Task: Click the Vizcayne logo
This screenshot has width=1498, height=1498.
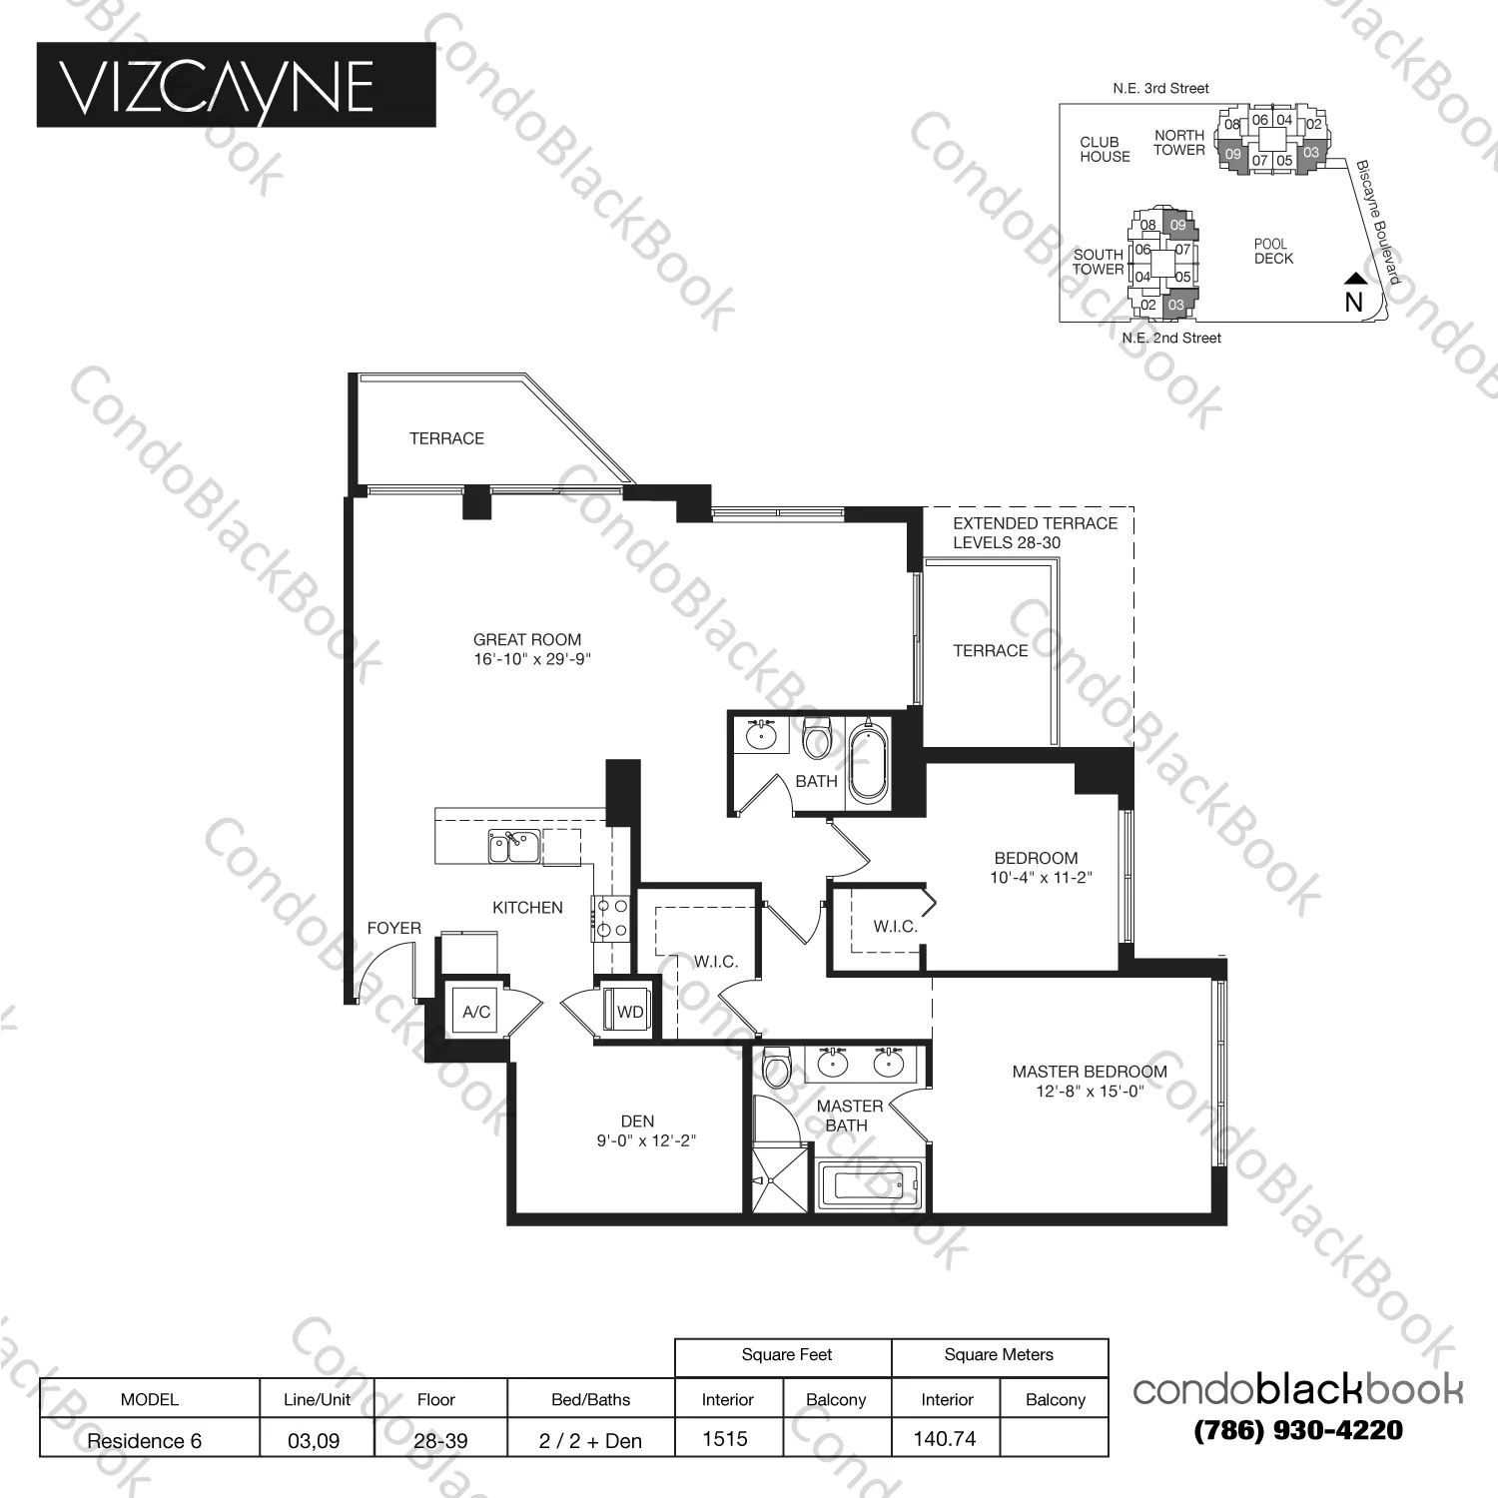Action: pos(236,85)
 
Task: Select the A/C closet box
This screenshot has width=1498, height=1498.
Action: pos(476,1012)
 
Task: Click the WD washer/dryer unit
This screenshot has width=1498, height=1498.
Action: pos(628,1011)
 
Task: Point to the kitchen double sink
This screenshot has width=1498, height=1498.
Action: pos(513,847)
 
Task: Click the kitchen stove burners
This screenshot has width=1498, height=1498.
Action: pos(610,919)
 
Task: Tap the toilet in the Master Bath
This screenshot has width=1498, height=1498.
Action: pos(776,1070)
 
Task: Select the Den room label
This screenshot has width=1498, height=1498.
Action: pos(637,1122)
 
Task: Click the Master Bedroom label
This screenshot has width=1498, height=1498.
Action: pos(1089,1072)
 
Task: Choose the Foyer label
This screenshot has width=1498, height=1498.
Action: pos(393,928)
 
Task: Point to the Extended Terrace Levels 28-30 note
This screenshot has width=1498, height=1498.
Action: pos(1035,533)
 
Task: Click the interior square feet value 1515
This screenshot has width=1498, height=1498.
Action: pos(725,1439)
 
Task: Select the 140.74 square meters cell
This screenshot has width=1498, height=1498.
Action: pos(945,1439)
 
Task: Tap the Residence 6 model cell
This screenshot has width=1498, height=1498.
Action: pos(145,1440)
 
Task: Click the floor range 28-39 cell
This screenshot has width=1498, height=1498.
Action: pos(440,1440)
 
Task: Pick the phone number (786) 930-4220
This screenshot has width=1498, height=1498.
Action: pos(1298,1430)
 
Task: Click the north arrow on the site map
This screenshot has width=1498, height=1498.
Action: pos(1353,280)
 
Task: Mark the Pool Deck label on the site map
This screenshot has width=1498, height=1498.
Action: pos(1273,251)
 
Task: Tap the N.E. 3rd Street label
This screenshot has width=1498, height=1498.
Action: pos(1160,89)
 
